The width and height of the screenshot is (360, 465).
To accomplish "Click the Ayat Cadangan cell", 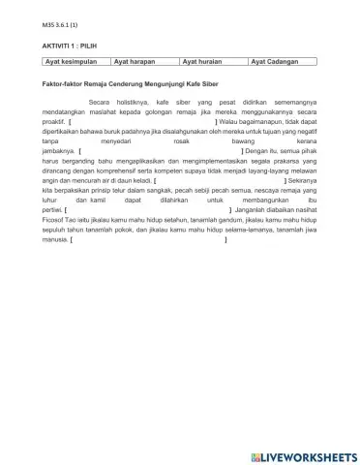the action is [x=279, y=62].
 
